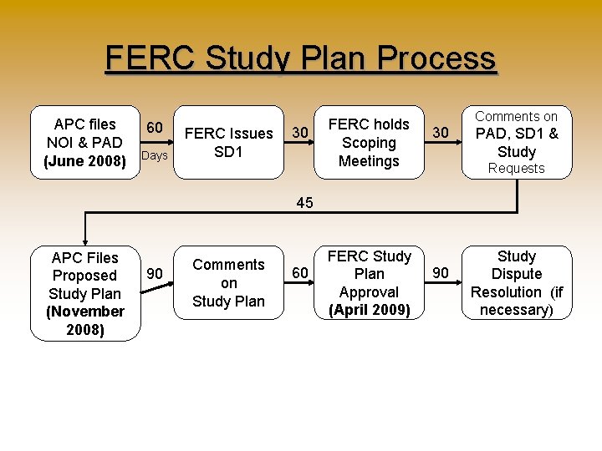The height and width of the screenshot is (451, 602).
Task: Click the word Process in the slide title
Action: point(436,59)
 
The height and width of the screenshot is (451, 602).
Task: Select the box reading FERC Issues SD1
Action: point(228,142)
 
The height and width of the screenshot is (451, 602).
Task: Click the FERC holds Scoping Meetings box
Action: point(369,142)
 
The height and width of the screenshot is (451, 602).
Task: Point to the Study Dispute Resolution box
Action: point(517,283)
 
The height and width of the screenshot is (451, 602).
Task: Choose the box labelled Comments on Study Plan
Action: point(228,283)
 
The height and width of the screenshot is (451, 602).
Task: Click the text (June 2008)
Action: point(84,161)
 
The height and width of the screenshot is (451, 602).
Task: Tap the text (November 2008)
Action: point(85,320)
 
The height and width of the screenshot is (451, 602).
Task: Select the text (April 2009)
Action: point(369,311)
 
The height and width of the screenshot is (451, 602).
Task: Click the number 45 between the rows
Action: point(305,202)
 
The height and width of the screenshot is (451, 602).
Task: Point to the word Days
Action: point(155,156)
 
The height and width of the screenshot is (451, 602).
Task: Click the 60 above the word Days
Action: point(155,128)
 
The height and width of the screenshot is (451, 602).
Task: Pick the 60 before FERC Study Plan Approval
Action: point(299,273)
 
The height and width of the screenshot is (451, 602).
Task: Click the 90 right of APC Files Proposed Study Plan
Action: point(155,273)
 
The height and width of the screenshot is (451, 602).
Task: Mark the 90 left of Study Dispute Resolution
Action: point(441,273)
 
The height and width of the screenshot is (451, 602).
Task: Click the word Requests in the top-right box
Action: point(516,169)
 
